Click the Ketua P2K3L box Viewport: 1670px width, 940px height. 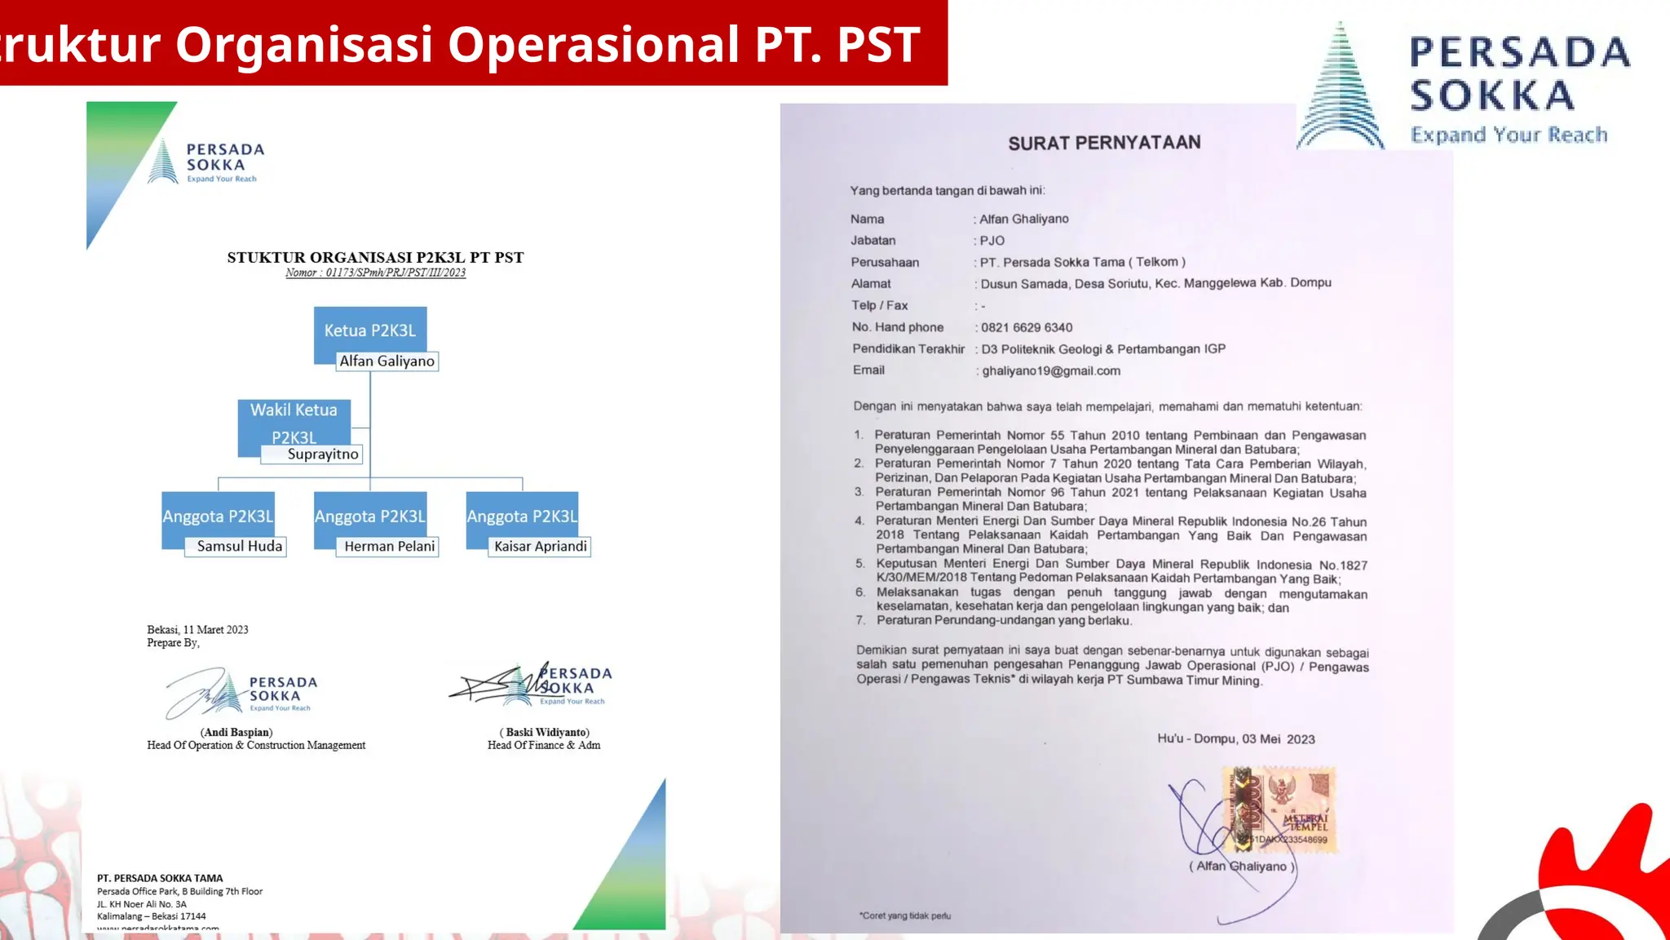(x=370, y=330)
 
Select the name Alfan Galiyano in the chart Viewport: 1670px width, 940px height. (x=387, y=361)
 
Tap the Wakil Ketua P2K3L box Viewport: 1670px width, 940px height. (x=294, y=421)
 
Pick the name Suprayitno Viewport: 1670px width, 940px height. (x=322, y=454)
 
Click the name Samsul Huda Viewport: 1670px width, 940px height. (x=239, y=547)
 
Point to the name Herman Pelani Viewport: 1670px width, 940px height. (x=389, y=547)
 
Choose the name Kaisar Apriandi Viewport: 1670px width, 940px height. (x=540, y=547)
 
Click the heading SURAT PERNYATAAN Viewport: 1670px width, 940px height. (x=1104, y=144)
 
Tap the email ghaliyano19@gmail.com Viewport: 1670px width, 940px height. (x=1051, y=370)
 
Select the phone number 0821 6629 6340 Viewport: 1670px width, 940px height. (x=1027, y=327)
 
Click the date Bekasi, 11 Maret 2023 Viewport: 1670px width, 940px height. (x=197, y=630)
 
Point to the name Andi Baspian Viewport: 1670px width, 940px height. (x=236, y=732)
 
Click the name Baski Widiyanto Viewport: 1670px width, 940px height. (x=544, y=732)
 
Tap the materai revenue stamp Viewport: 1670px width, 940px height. (x=1279, y=809)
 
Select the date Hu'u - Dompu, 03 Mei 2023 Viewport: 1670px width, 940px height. (x=1235, y=739)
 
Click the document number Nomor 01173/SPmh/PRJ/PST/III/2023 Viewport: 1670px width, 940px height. (x=375, y=273)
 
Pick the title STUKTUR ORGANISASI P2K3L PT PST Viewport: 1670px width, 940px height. (x=375, y=258)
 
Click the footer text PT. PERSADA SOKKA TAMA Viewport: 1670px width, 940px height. (x=160, y=879)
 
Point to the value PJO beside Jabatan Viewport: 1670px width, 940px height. (x=992, y=241)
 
